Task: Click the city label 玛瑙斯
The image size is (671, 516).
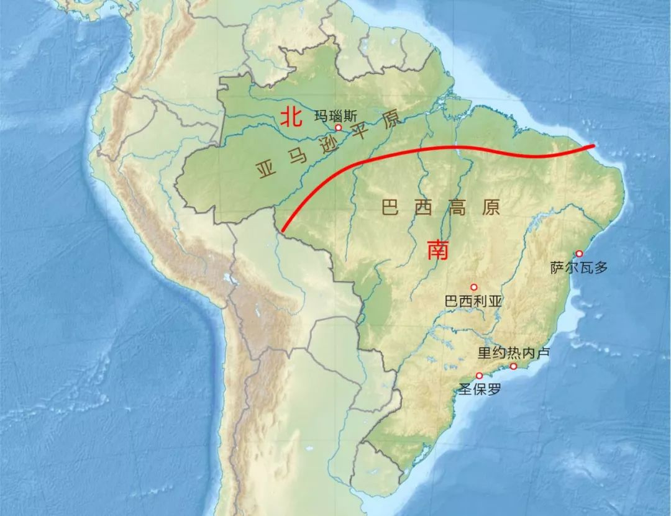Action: [x=336, y=115]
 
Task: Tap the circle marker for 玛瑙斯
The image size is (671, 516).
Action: [x=339, y=127]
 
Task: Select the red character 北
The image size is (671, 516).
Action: [x=290, y=117]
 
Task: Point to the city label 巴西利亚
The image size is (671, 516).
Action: [x=473, y=301]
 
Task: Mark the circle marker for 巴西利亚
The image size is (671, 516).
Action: [x=474, y=287]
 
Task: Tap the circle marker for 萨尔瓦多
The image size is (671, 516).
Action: [x=579, y=253]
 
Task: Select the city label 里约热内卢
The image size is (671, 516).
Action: [x=514, y=353]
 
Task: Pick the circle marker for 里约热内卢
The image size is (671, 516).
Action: [x=514, y=366]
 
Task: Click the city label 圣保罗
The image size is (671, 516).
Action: [x=479, y=389]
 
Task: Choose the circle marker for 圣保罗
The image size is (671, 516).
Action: [x=479, y=376]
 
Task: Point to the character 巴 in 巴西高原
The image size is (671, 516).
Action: [x=390, y=208]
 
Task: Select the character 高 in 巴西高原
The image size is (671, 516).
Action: [x=457, y=208]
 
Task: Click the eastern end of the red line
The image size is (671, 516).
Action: [x=593, y=146]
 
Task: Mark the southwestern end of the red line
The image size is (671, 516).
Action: [x=282, y=231]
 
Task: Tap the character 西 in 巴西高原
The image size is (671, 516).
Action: [x=423, y=208]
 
